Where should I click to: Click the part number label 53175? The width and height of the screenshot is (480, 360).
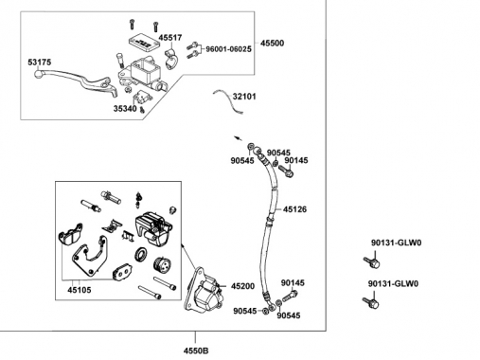coord(39,63)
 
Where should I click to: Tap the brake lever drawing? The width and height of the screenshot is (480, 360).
coord(76,81)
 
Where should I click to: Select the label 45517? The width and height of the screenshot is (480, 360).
coord(170,38)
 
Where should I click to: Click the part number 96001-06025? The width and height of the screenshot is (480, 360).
coord(228,49)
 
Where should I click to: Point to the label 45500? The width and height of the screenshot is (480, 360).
coord(272,44)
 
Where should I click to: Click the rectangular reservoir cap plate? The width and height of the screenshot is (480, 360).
coord(143,42)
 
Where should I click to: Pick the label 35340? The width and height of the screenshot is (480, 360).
coord(125,109)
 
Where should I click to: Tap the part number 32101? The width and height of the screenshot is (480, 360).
coord(244,97)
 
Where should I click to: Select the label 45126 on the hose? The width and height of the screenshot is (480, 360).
coord(294,209)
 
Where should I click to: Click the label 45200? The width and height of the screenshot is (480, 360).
coord(242,286)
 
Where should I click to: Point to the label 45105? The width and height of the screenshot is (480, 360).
coord(80,290)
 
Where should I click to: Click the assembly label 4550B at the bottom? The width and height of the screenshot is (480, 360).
coord(196,351)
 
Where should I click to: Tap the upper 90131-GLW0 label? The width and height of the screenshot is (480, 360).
coord(396,243)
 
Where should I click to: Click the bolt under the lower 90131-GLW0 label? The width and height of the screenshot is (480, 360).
coord(371,302)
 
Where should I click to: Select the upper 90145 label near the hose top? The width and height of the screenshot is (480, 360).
coord(296,160)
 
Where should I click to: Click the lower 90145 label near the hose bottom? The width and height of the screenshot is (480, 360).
coord(293,283)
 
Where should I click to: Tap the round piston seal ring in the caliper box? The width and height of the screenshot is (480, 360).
coord(140,254)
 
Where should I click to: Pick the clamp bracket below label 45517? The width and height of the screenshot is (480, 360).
coord(171,59)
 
